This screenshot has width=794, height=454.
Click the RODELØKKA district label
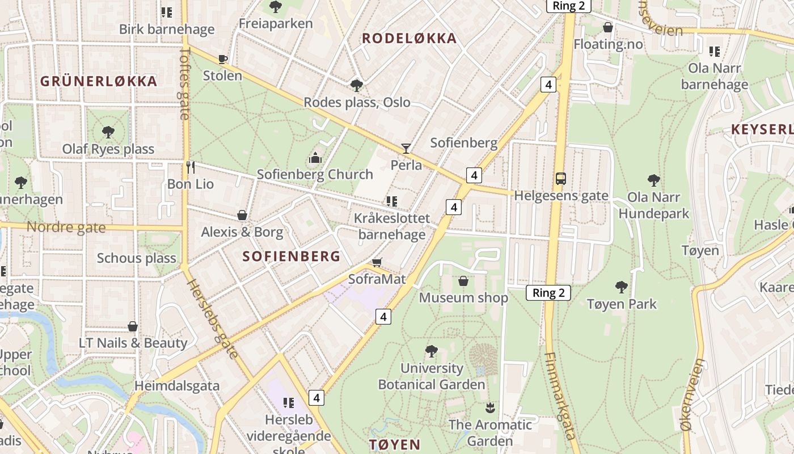[x=409, y=39]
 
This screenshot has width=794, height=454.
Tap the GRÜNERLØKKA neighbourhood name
[x=99, y=81]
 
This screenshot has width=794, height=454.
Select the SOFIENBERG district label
[x=292, y=256]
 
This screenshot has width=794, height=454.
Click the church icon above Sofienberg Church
[x=315, y=157]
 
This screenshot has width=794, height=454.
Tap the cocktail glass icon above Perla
[x=406, y=149]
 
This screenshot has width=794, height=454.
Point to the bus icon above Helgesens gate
[x=560, y=179]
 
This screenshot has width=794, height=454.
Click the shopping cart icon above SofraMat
[x=377, y=262]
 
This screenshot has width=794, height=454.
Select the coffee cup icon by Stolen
[x=223, y=59]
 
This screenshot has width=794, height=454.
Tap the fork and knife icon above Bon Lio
[x=191, y=167]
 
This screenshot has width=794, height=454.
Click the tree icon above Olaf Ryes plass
[x=108, y=132]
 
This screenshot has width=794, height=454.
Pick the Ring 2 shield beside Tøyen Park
[x=548, y=293]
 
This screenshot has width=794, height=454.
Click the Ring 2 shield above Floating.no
[x=568, y=6]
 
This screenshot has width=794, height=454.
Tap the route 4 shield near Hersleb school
[x=316, y=398]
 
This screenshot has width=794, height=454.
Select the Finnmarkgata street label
[x=560, y=396]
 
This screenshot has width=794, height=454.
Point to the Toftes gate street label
[x=184, y=83]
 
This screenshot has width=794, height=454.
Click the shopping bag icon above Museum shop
[x=463, y=281]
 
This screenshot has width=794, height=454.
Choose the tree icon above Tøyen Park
[x=622, y=287]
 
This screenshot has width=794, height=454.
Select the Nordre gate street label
[x=66, y=228]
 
